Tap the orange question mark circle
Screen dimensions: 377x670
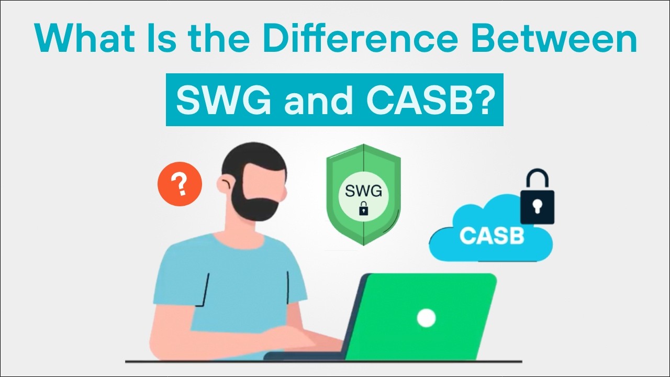click(x=180, y=184)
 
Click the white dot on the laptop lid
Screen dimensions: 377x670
click(x=426, y=317)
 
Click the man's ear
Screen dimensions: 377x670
click(x=227, y=184)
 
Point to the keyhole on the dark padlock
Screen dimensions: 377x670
click(x=537, y=206)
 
